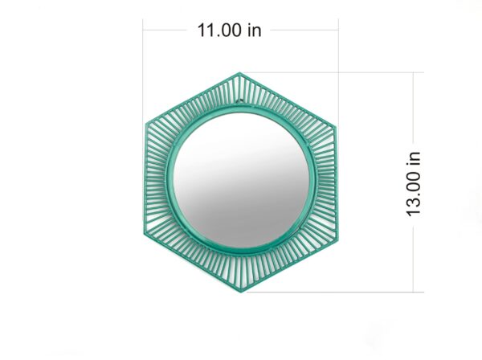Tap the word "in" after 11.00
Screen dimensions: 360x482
tap(254, 31)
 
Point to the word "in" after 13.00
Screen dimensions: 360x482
tap(414, 157)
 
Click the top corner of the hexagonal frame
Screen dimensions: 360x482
tap(240, 73)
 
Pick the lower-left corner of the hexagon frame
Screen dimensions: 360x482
tap(144, 238)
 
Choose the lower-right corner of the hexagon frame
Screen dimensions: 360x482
tap(338, 238)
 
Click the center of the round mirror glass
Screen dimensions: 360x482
tap(241, 182)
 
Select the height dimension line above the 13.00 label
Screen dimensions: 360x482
tap(414, 104)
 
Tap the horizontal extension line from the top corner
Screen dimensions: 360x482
tap(337, 72)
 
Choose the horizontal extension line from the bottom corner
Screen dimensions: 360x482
tap(337, 292)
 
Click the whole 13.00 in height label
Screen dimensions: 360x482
tap(414, 182)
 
